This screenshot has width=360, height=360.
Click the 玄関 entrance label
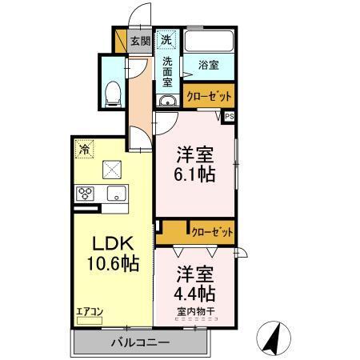[x=140, y=41]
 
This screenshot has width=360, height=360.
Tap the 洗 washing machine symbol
[x=166, y=38]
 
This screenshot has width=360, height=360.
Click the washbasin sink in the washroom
[x=167, y=101]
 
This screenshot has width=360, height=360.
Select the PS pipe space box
[x=230, y=116]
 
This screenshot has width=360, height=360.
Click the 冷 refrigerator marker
[x=83, y=148]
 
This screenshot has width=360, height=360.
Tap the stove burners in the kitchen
[x=86, y=193]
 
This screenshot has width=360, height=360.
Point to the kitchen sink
[x=116, y=193]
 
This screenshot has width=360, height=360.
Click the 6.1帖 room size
[x=195, y=174]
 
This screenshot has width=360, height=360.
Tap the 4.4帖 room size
[x=195, y=292]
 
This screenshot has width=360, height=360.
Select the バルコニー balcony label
[x=139, y=343]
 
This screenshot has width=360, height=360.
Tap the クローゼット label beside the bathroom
[x=210, y=95]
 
